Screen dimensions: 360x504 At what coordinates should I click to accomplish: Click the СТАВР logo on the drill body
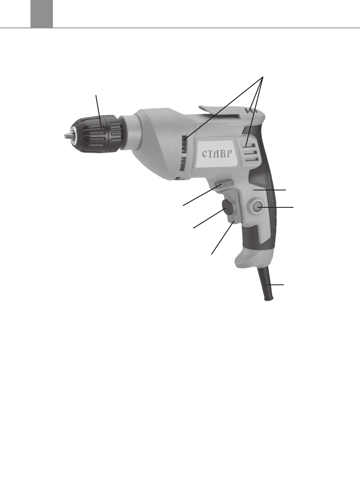tap(217, 154)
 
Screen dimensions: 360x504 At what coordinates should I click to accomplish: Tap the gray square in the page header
tap(42, 14)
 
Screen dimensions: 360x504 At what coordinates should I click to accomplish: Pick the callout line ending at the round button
tap(277, 207)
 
